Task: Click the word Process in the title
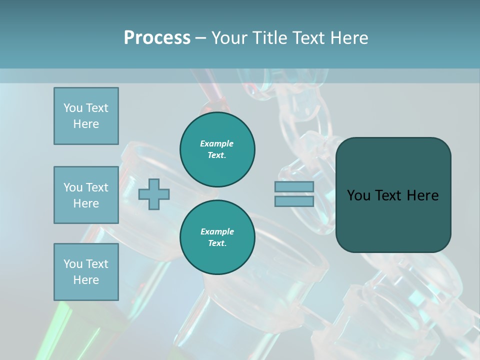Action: [157, 37]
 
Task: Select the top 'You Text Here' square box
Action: [86, 116]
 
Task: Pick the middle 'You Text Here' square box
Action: [86, 195]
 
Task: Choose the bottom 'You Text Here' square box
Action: [86, 272]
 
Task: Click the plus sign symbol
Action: [154, 194]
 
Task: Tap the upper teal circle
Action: [217, 149]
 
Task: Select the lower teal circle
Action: [217, 237]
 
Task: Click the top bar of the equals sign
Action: [294, 186]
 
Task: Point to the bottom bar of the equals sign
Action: [294, 201]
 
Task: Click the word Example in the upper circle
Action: [217, 143]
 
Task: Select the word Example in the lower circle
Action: [217, 231]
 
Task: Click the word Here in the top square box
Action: [86, 124]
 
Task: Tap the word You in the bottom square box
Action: [73, 264]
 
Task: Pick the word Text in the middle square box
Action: [97, 187]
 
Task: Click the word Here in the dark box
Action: [422, 195]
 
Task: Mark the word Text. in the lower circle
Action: [217, 243]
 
